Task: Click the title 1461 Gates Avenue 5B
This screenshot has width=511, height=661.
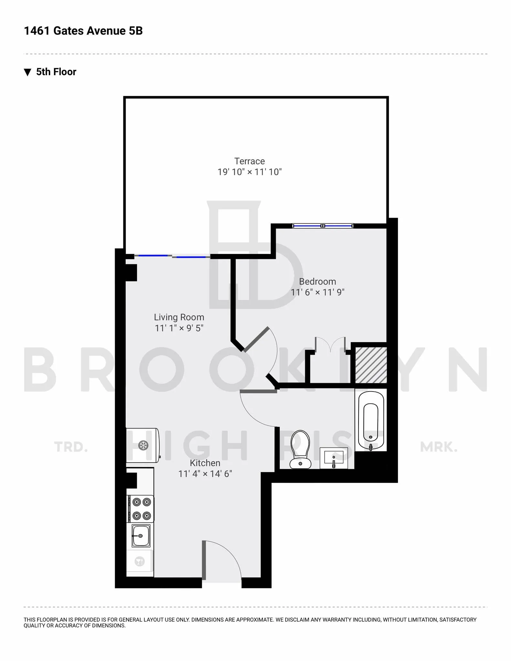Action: click(x=83, y=31)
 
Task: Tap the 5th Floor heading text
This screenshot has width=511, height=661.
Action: click(x=56, y=72)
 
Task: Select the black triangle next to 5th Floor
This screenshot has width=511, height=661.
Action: click(x=28, y=72)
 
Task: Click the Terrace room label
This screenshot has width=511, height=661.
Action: click(x=249, y=161)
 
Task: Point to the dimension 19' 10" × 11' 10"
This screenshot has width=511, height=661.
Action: click(x=249, y=172)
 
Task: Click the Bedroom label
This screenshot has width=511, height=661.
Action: click(x=318, y=281)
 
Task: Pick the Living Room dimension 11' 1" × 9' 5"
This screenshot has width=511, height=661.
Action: click(x=179, y=328)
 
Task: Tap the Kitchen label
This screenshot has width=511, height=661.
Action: click(x=205, y=463)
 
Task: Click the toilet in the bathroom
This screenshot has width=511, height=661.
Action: click(x=300, y=449)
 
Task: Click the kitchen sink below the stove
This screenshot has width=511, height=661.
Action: click(x=141, y=536)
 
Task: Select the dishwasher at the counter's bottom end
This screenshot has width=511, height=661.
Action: click(x=140, y=561)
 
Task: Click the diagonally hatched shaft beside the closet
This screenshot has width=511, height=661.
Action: click(x=371, y=365)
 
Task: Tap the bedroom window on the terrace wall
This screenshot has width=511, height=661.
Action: click(x=322, y=226)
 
